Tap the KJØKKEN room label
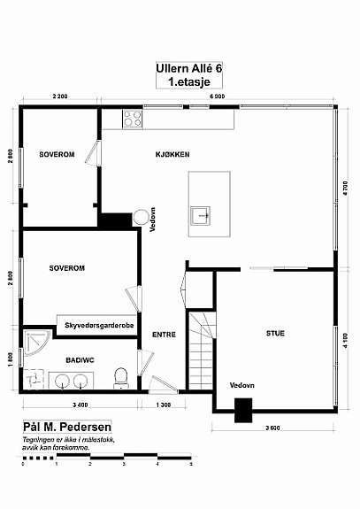(173, 154)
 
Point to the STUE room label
(275, 333)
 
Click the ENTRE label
(163, 335)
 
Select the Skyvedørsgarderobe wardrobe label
(98, 327)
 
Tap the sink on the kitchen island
(203, 213)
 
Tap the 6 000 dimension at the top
(217, 96)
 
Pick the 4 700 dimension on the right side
(347, 189)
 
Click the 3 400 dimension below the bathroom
(79, 405)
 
